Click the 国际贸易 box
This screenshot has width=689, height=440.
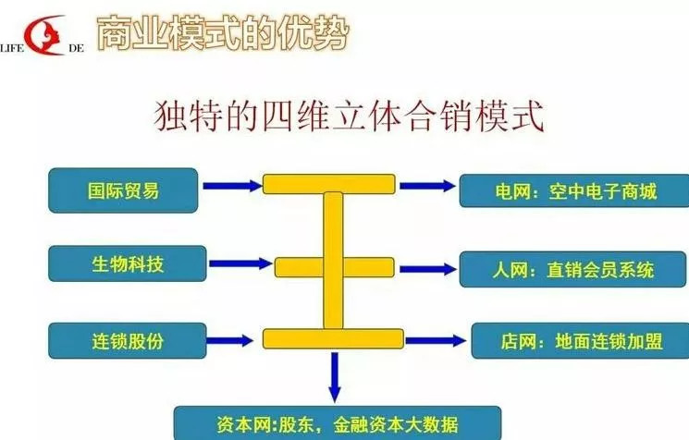(x=123, y=190)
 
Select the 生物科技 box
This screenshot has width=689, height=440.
(x=127, y=263)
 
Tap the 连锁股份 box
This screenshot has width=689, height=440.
(x=127, y=341)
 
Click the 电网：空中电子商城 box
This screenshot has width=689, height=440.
(x=574, y=190)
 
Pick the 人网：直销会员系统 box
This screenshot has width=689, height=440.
(x=572, y=269)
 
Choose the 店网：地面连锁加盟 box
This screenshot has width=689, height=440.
(x=580, y=341)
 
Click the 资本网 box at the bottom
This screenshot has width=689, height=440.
(x=338, y=423)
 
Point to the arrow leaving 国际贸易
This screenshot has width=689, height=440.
(x=232, y=186)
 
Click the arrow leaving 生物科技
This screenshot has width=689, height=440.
(x=240, y=263)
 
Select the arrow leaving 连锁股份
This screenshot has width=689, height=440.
(x=229, y=340)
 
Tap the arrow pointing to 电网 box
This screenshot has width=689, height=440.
(x=427, y=186)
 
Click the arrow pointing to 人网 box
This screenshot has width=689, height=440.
(x=428, y=269)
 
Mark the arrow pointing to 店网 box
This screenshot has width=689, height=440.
(x=436, y=340)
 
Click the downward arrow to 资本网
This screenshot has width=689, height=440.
(x=335, y=377)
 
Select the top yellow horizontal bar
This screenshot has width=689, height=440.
(x=329, y=184)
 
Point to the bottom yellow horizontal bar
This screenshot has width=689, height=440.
(x=333, y=338)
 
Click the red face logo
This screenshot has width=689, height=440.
(x=44, y=35)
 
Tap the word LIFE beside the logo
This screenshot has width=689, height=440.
(x=12, y=48)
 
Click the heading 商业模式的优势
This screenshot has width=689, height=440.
(x=223, y=32)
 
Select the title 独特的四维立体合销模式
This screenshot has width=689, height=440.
(x=350, y=116)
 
